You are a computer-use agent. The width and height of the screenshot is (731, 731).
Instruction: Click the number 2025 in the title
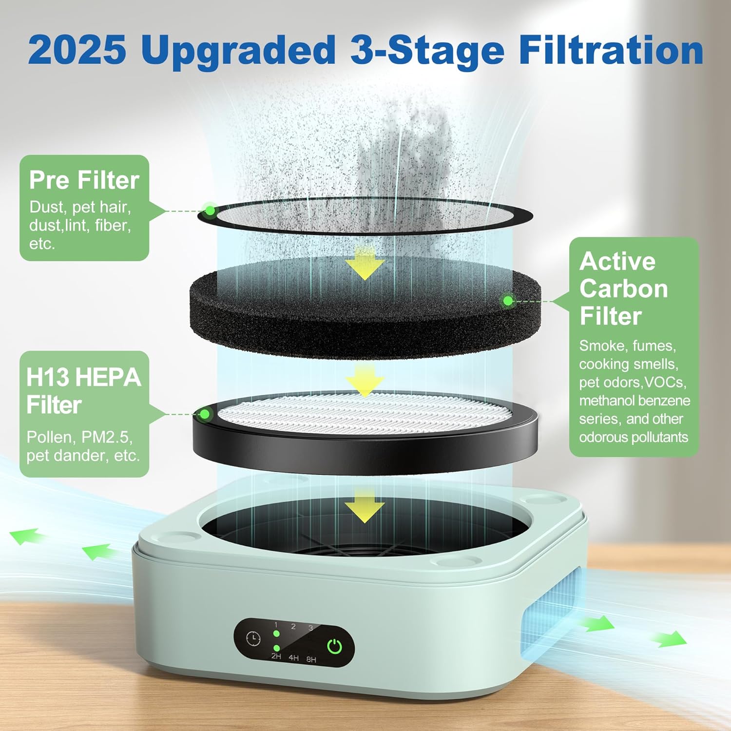point(77,50)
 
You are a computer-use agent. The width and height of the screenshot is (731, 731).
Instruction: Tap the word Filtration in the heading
point(611,50)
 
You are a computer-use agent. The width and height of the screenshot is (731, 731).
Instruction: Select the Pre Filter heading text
point(84,180)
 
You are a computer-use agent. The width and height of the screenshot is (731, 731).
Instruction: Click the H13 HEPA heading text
point(83,378)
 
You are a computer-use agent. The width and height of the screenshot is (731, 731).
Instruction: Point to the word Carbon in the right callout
point(623,289)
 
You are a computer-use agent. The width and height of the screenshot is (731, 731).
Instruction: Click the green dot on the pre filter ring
point(210,211)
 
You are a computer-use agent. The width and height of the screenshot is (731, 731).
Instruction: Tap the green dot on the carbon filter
point(508,301)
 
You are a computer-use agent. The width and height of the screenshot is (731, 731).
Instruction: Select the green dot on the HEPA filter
point(205,414)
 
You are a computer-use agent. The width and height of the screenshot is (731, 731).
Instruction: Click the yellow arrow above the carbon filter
point(365,264)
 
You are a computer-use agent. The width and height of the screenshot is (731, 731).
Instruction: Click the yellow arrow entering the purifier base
point(365,507)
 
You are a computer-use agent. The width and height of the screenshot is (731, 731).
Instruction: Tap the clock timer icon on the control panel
point(253,638)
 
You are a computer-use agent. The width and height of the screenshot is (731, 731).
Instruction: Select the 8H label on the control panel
point(311,659)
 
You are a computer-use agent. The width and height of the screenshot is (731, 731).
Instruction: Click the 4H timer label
point(293,657)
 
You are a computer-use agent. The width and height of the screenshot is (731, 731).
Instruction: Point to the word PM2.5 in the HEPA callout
point(107,437)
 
